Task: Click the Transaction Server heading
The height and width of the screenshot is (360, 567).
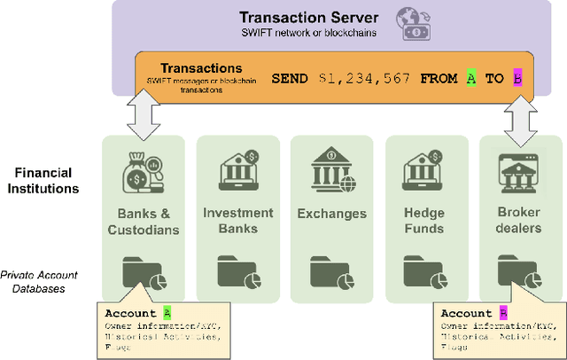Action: point(309,17)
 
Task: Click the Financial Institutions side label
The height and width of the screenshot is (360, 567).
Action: point(42,180)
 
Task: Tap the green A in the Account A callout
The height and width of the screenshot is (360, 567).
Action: point(167,313)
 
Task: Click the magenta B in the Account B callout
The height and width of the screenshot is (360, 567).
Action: point(503,313)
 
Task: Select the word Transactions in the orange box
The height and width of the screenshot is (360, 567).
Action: point(201,68)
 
